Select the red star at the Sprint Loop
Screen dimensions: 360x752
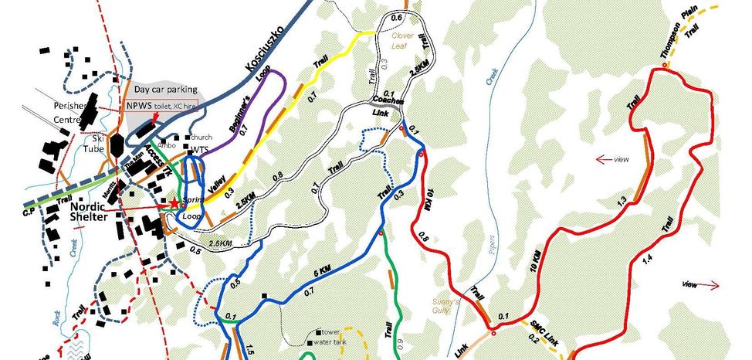click(174, 202)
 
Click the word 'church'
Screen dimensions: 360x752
click(200, 138)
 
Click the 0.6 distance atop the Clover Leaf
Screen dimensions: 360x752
click(397, 17)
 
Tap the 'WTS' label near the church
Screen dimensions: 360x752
click(199, 149)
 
